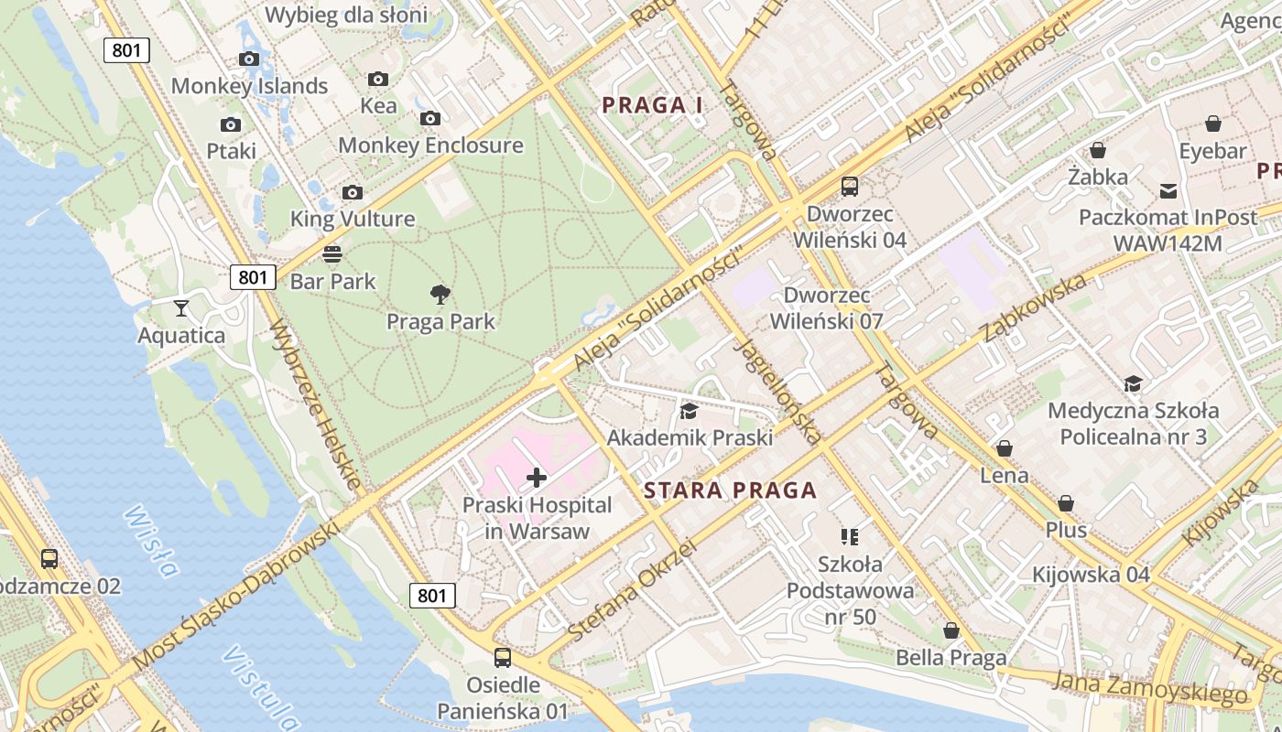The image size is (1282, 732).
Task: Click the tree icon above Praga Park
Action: pos(440,294)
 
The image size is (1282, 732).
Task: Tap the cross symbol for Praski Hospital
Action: pos(537,477)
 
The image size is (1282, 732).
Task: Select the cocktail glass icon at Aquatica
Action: pos(181,307)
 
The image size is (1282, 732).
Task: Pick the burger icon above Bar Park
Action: pos(332,253)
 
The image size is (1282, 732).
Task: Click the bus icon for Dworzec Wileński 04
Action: pos(850,187)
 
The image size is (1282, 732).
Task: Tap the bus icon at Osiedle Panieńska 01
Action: pos(503,657)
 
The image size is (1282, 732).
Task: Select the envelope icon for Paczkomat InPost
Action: pos(1168,190)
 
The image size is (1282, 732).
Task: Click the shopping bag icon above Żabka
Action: pos(1097,150)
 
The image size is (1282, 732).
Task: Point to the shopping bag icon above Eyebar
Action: pos(1213,124)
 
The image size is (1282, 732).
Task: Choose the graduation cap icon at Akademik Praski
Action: pos(689,411)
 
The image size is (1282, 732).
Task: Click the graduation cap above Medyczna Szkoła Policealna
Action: pos(1133,383)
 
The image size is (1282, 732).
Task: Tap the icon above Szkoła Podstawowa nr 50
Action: pos(850,536)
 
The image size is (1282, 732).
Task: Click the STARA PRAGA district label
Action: pos(730,490)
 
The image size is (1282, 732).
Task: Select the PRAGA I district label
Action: pos(652,105)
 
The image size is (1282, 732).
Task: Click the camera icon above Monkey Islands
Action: pos(249,59)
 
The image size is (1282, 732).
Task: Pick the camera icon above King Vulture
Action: pos(353,192)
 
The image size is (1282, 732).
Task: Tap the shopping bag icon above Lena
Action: pos(1005,448)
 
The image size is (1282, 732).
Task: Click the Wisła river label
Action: pos(148,541)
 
